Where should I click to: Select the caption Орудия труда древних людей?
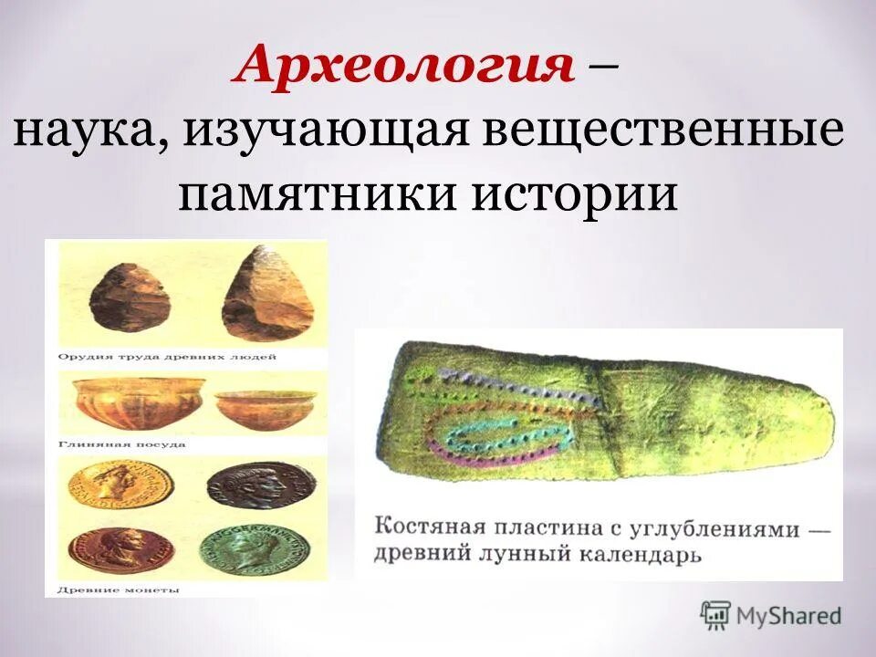[167, 357]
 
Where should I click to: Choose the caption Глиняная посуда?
[121, 444]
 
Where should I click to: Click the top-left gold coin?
[108, 482]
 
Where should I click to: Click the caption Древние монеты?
[119, 590]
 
